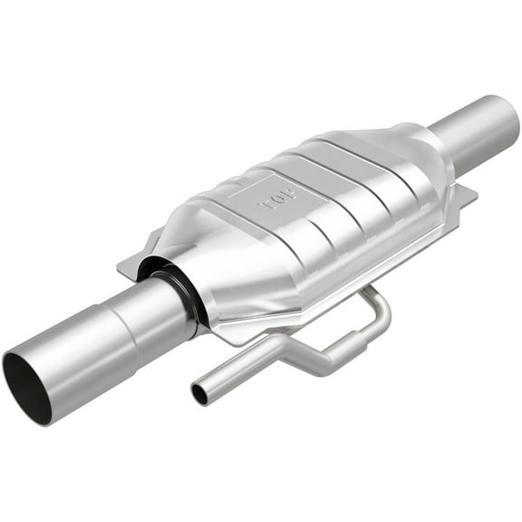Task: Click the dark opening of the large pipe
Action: point(26,388)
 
